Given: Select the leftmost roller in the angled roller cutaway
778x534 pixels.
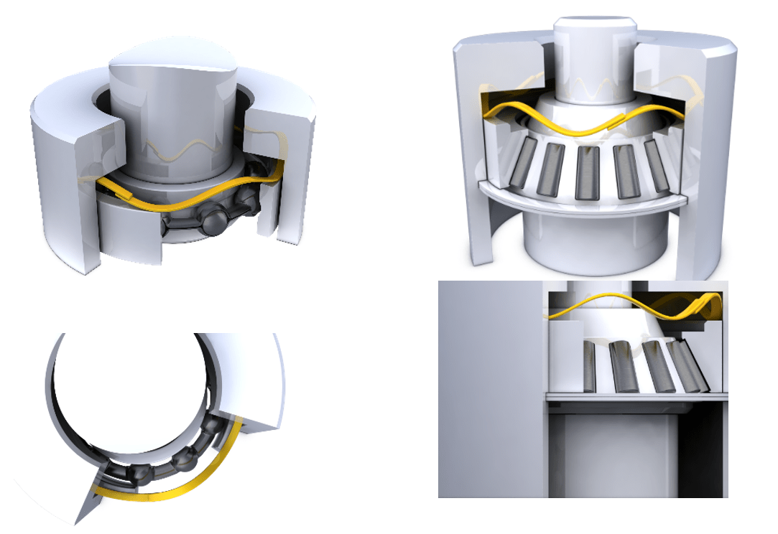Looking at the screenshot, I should click(x=522, y=168).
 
